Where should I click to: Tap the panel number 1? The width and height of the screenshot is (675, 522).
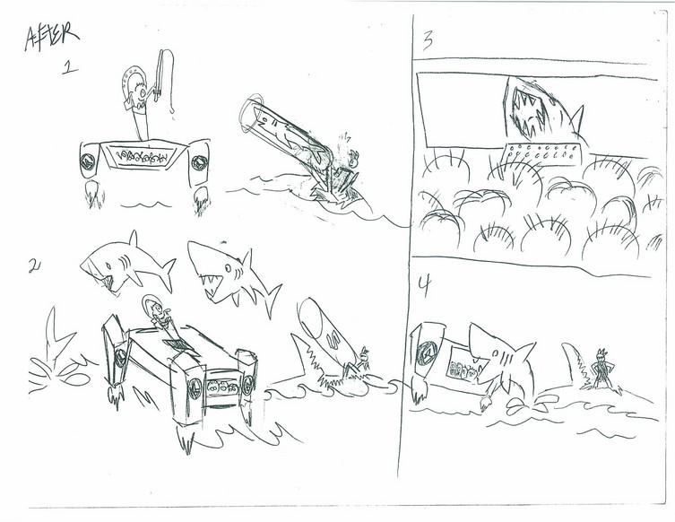pyautogui.click(x=70, y=67)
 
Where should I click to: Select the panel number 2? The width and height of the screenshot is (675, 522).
pyautogui.click(x=34, y=266)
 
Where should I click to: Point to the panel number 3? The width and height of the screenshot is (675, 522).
pyautogui.click(x=428, y=42)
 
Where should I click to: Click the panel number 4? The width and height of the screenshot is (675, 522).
pyautogui.click(x=425, y=286)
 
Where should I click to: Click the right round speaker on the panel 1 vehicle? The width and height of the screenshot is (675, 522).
pyautogui.click(x=199, y=163)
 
